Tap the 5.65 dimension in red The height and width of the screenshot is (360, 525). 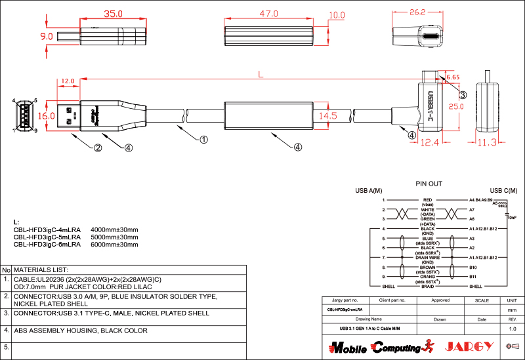pos(452,77)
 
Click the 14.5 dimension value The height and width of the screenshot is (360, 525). pos(327,115)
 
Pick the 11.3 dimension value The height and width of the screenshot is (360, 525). pos(486,142)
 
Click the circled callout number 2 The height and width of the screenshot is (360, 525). pos(97,148)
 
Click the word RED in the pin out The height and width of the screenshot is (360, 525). pos(427,199)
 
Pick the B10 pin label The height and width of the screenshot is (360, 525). pos(472,268)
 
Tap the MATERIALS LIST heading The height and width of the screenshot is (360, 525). pos(41,270)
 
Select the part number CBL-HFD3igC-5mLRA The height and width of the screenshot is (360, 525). pos(47,237)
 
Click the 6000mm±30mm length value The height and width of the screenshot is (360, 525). pos(114,244)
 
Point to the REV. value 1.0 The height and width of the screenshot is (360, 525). pos(513,329)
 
